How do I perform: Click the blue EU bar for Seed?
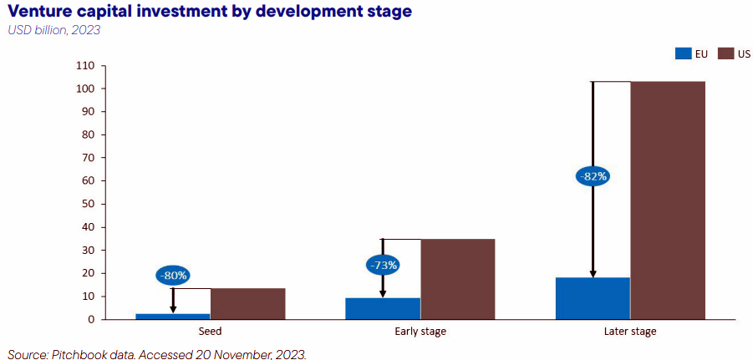[173, 317]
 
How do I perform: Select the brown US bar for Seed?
[248, 304]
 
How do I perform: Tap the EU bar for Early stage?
[383, 309]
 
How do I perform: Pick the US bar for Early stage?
[458, 279]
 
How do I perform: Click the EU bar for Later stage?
[593, 298]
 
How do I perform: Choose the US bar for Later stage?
[668, 200]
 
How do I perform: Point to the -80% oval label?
[173, 276]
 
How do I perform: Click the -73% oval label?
[384, 265]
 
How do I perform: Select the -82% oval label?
[593, 176]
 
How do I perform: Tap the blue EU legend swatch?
[683, 54]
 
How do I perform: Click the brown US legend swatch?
[725, 54]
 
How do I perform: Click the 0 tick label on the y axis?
[92, 320]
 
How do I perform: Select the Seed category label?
[211, 332]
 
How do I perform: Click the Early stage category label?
[420, 332]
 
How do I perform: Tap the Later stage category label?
[630, 332]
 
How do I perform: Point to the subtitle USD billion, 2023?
[54, 30]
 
